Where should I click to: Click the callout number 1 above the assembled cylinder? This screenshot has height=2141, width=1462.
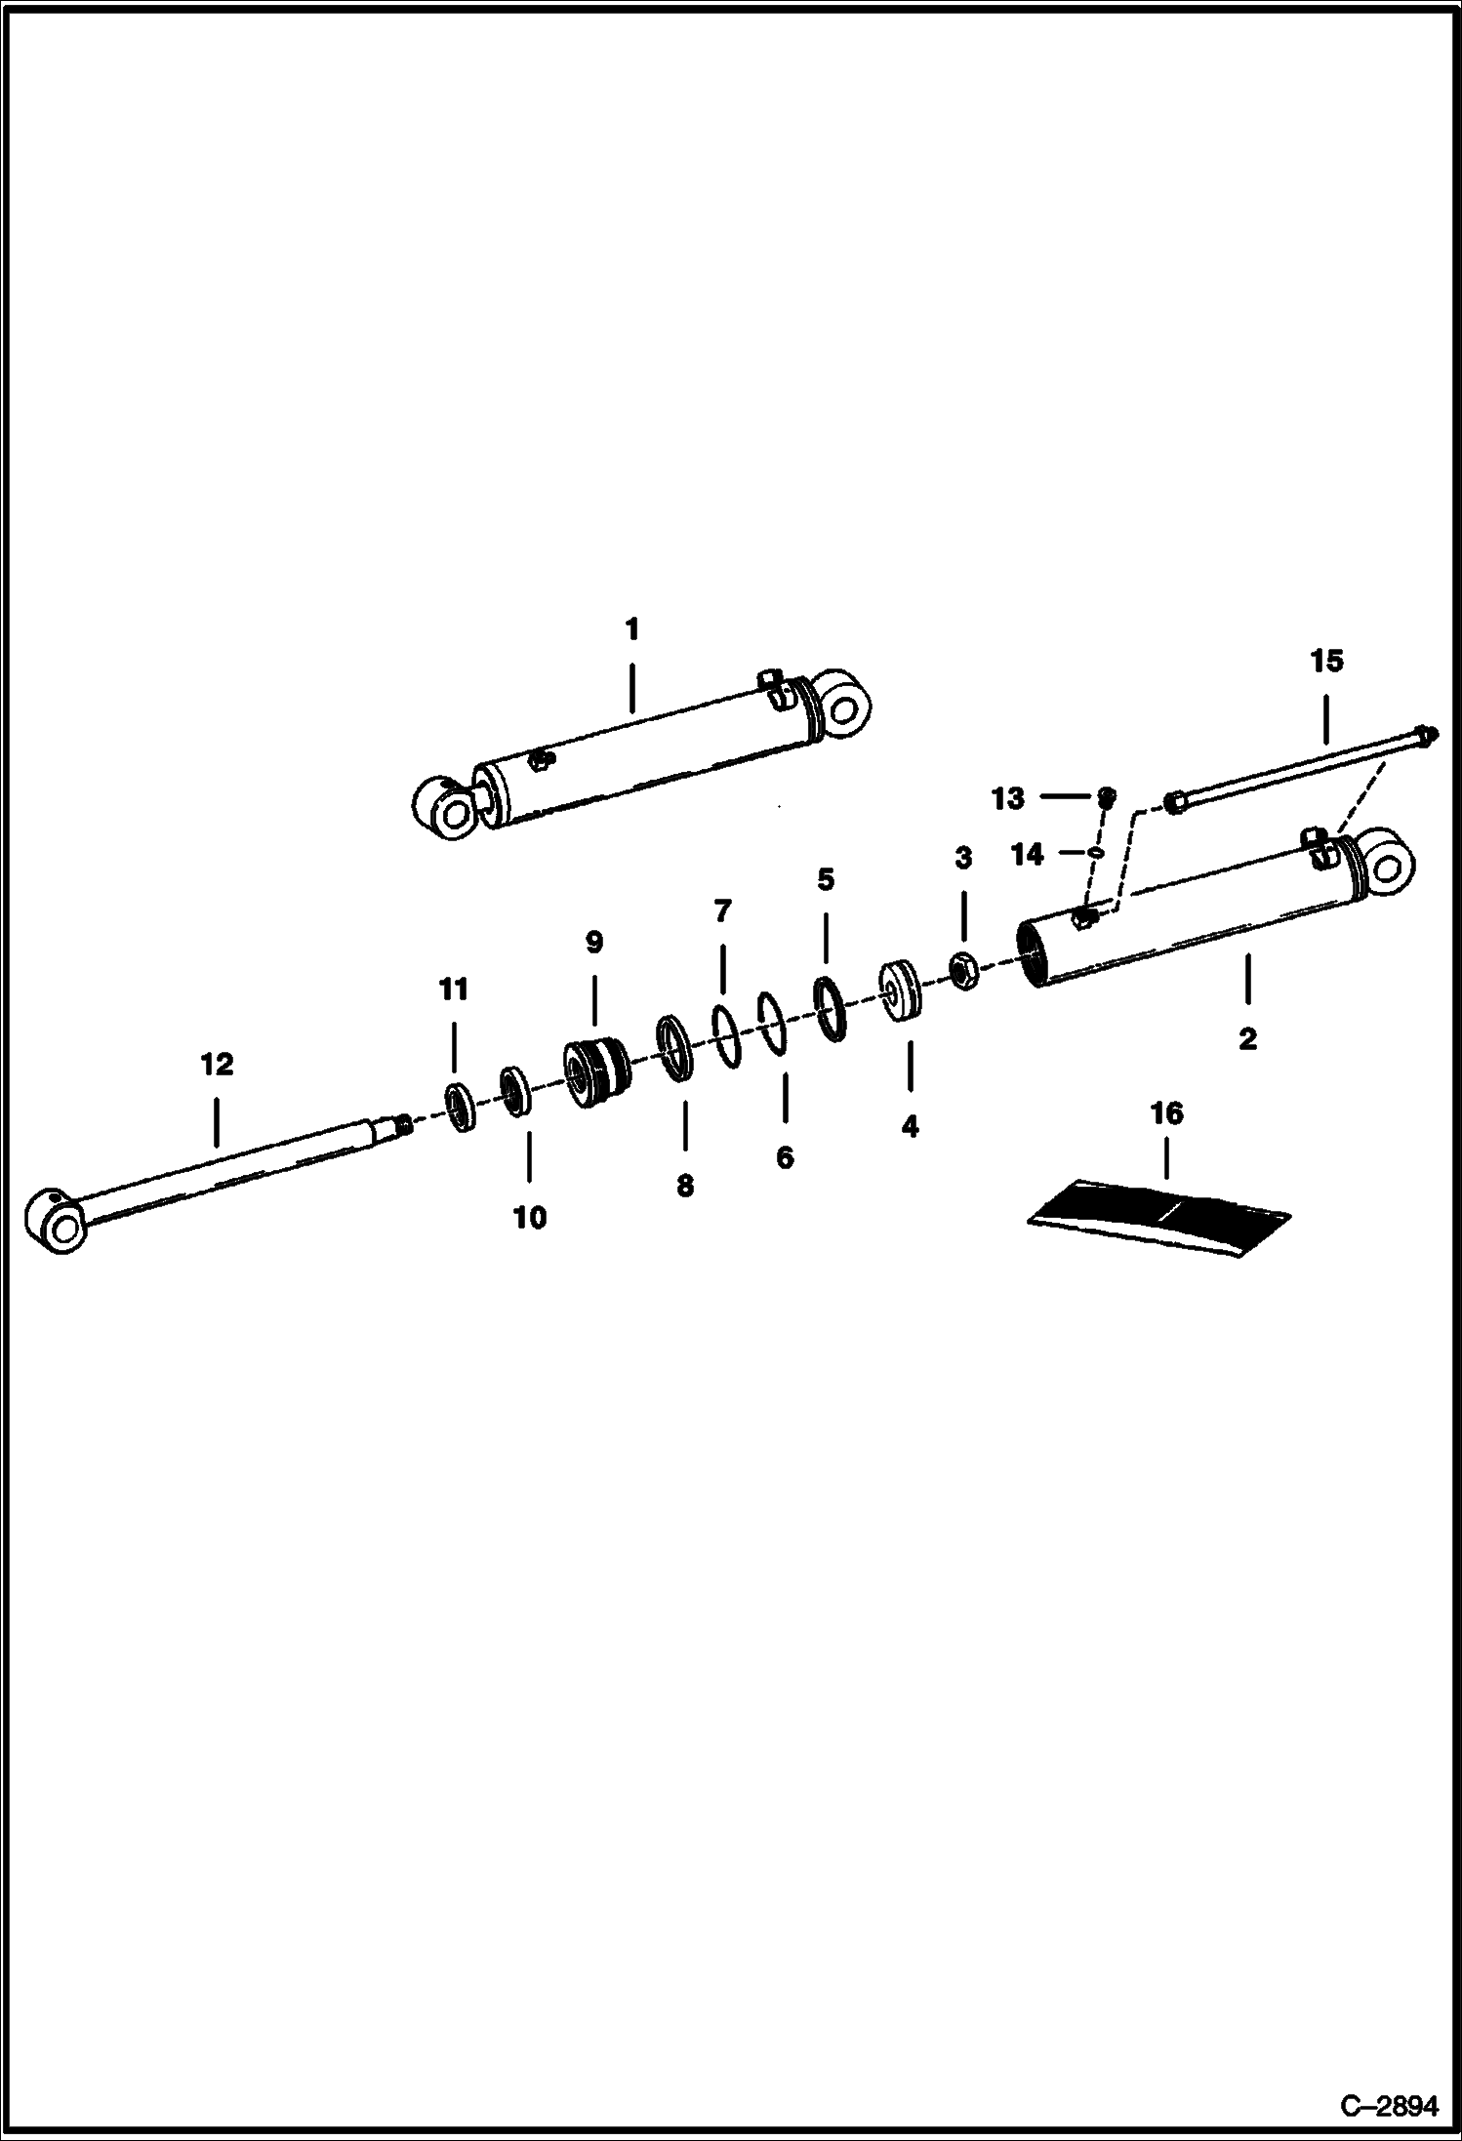pos(631,629)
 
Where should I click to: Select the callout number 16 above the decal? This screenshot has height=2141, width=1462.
pos(1166,1112)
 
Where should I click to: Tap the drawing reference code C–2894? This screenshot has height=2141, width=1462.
pos(1389,2106)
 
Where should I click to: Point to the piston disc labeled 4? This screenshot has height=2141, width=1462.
pos(903,992)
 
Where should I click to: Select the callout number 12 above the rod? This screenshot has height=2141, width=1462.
pos(217,1064)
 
